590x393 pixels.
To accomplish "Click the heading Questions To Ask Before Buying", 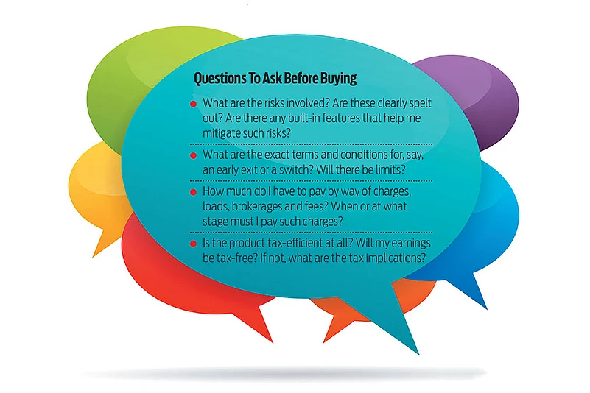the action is tap(275, 79).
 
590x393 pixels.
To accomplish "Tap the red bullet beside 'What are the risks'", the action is tap(194, 104).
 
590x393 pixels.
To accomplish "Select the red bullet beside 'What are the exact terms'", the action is tap(194, 155).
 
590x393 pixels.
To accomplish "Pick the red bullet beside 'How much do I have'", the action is tap(194, 192).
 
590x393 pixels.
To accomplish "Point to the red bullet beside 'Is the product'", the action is tap(194, 244).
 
